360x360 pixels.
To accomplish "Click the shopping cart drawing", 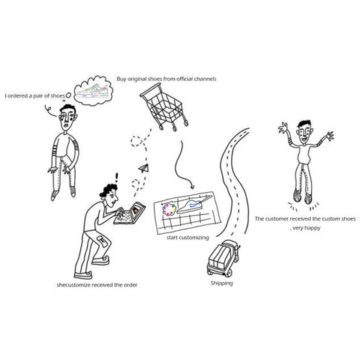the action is tap(164, 107).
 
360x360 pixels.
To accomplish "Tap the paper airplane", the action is tap(143, 168).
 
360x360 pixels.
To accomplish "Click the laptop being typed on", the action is tap(130, 213).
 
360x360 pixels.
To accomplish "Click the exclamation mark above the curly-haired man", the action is tap(116, 178).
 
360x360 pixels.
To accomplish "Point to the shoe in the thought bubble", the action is tap(92, 91).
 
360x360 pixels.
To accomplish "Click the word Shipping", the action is tap(221, 283).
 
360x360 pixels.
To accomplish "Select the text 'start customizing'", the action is tap(187, 237).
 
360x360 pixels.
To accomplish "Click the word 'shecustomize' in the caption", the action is tap(73, 285).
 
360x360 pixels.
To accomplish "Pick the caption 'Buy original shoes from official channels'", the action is tap(166, 79).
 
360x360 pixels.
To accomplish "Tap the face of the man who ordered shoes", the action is tap(67, 119).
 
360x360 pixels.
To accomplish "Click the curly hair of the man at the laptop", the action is tap(108, 190).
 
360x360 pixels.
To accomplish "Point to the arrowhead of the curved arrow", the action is tap(191, 186).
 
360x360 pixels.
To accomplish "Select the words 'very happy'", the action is tap(307, 228).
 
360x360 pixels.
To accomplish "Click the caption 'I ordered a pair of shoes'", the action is tap(35, 96).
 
